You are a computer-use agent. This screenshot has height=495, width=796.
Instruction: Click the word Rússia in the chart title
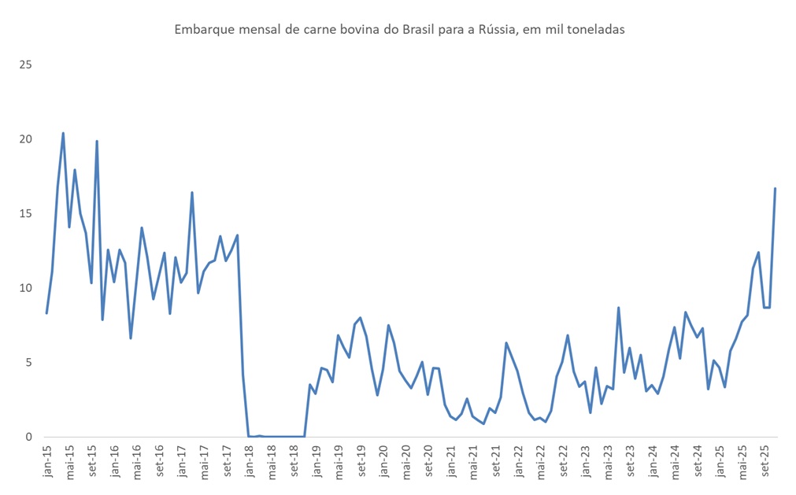point(496,30)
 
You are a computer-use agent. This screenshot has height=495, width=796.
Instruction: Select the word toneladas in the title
point(594,30)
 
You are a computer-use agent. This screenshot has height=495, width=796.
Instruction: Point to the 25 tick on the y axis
point(25,65)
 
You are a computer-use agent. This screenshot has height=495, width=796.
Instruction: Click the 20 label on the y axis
point(25,139)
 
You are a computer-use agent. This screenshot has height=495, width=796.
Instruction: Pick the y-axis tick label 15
point(25,213)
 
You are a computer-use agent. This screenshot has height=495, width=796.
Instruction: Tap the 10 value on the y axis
point(25,288)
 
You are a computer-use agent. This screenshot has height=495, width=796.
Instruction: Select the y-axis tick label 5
point(28,363)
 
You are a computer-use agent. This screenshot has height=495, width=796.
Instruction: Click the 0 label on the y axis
point(28,437)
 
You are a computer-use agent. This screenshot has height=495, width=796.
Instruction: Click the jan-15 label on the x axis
point(47,462)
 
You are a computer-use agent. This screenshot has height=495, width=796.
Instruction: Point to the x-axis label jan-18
point(249,462)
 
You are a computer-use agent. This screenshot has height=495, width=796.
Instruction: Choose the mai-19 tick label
point(339,462)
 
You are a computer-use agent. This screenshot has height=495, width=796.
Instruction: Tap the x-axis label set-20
point(429,462)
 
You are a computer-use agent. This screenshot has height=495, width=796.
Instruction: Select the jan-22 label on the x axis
point(520,462)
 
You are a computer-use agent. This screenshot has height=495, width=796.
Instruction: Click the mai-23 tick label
point(609,462)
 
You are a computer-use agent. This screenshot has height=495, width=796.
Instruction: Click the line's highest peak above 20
point(63,133)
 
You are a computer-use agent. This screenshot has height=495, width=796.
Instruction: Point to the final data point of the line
point(776,189)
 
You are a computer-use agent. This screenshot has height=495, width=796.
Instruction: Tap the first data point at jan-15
point(46,313)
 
